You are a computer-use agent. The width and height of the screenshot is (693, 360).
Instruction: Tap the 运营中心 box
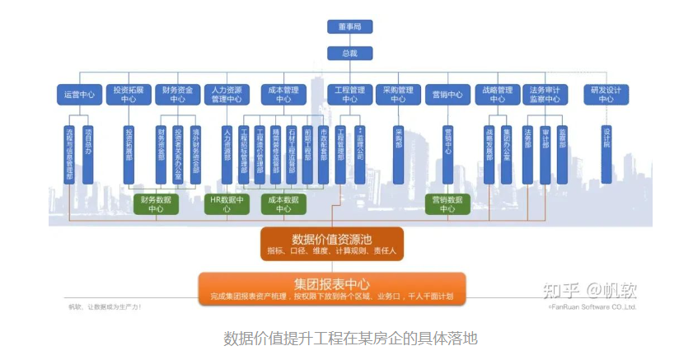pos(79,94)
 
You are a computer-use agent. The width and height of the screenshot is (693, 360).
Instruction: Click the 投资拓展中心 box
pos(129,94)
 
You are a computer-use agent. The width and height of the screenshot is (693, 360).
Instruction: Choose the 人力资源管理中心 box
pos(227,94)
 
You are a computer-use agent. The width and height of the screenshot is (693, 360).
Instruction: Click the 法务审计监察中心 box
pos(545,94)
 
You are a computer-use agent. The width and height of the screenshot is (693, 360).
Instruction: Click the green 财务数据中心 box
pos(156,204)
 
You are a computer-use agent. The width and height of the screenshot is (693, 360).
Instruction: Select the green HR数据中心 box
pos(227,204)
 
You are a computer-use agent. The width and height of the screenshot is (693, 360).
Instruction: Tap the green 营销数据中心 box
pos(447,204)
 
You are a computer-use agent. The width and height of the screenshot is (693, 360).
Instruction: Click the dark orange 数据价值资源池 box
pos(332,244)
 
